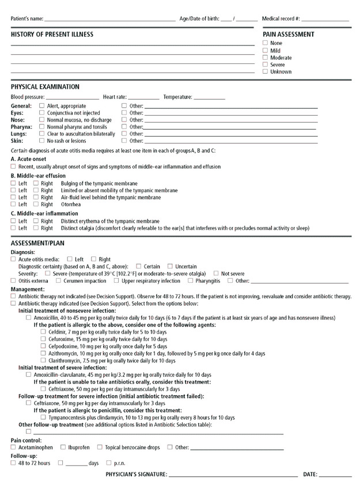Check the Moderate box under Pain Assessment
coord(265,58)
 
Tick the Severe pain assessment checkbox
coord(265,65)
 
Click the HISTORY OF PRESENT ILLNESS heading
coord(52,35)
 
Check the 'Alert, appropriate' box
coord(41,106)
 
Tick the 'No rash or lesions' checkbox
coord(41,141)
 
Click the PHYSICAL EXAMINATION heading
coord(45,86)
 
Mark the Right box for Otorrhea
coord(36,204)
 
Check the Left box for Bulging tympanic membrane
coord(13,183)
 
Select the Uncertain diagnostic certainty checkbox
coord(170,266)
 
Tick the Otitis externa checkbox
coord(13,281)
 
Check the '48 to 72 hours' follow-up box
coord(13,463)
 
